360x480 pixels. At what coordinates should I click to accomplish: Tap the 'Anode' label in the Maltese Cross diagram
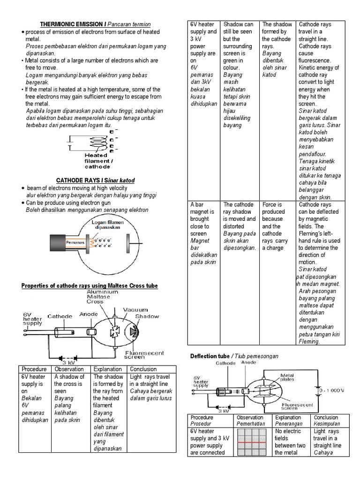point(88,315)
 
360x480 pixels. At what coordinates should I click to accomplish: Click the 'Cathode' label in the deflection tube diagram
point(226,363)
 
